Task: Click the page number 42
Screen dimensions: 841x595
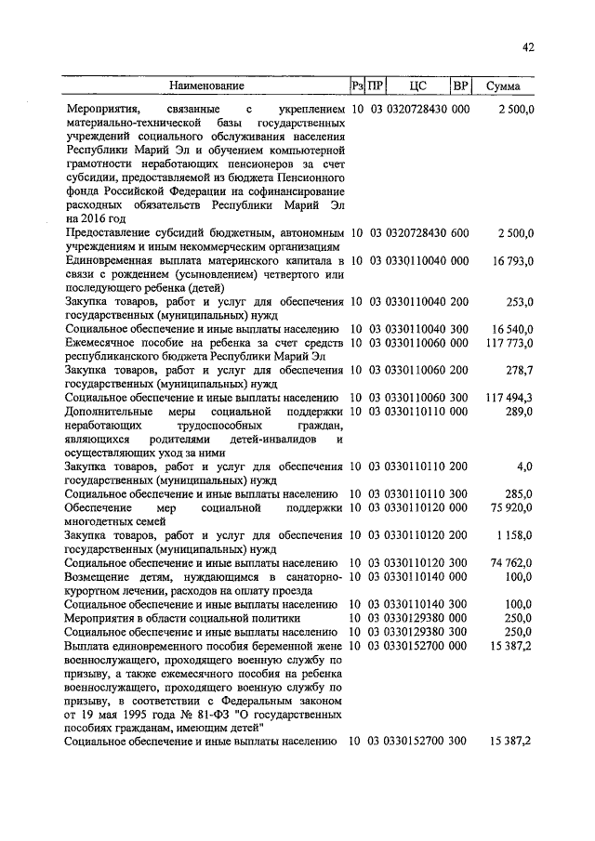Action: [x=528, y=47]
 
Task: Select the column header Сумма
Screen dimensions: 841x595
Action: [x=503, y=86]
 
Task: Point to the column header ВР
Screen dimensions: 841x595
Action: [x=460, y=86]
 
